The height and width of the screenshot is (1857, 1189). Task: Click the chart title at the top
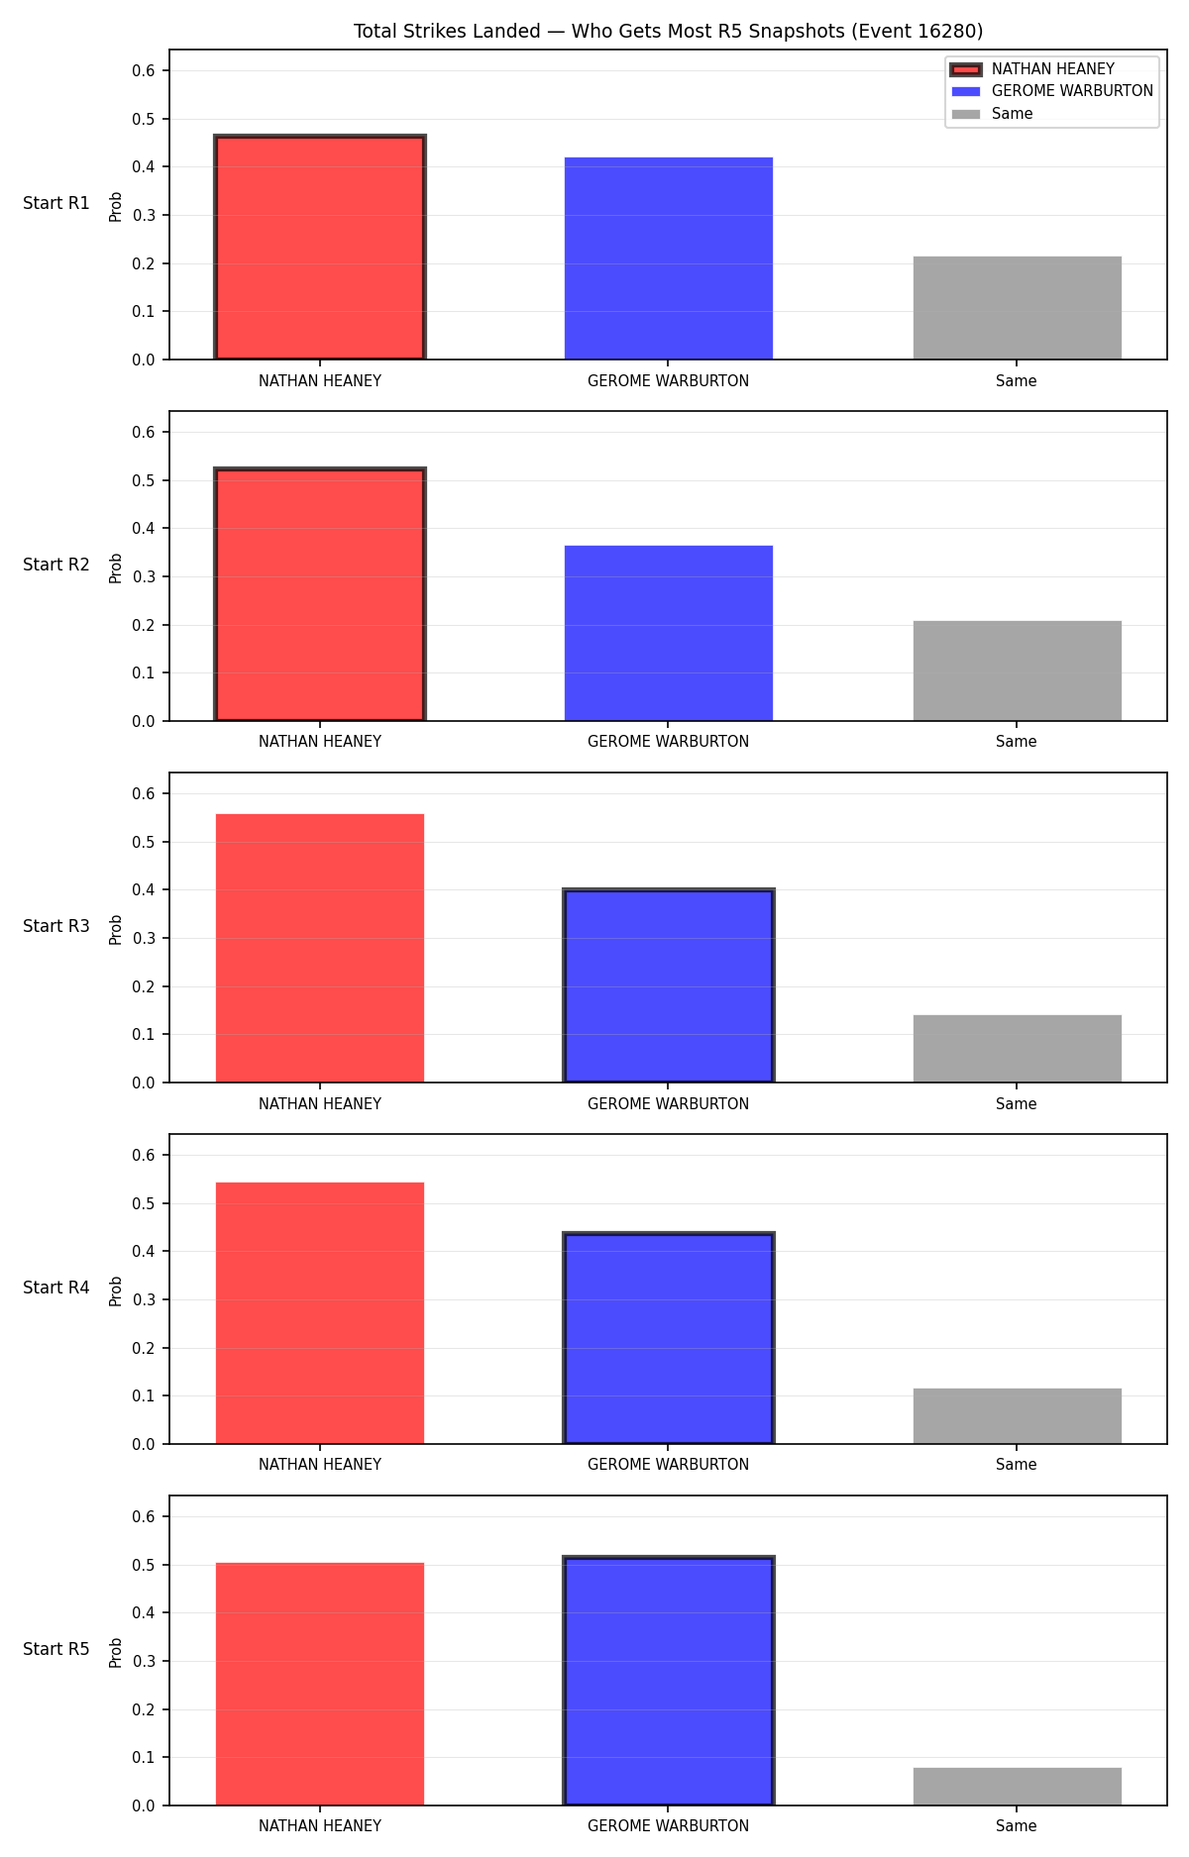pos(669,32)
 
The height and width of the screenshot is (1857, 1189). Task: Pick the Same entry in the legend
pos(992,114)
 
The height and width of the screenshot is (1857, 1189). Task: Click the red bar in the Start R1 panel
pos(320,248)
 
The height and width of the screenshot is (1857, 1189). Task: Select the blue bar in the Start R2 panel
pos(669,633)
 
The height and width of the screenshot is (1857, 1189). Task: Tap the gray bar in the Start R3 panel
pos(1018,1049)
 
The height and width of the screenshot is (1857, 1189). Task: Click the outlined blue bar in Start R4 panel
pos(669,1338)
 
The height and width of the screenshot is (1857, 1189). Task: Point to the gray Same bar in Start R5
pos(1018,1787)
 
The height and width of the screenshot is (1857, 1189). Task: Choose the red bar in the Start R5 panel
pos(320,1684)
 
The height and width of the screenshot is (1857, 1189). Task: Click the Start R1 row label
pos(56,204)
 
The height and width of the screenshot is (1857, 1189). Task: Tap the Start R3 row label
pos(56,927)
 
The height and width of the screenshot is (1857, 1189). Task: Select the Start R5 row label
pos(56,1650)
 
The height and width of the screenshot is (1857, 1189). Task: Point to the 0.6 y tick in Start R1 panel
pos(144,71)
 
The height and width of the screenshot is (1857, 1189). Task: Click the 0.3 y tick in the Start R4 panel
pos(144,1300)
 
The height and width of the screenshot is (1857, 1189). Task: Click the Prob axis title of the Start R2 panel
pos(116,567)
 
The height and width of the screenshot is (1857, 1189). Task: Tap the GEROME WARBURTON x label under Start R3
pos(669,1104)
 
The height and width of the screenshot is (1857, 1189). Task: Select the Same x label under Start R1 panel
pos(1017,381)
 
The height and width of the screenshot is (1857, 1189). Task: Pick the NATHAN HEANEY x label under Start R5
pos(320,1826)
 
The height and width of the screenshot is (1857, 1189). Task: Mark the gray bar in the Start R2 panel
pos(1018,671)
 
